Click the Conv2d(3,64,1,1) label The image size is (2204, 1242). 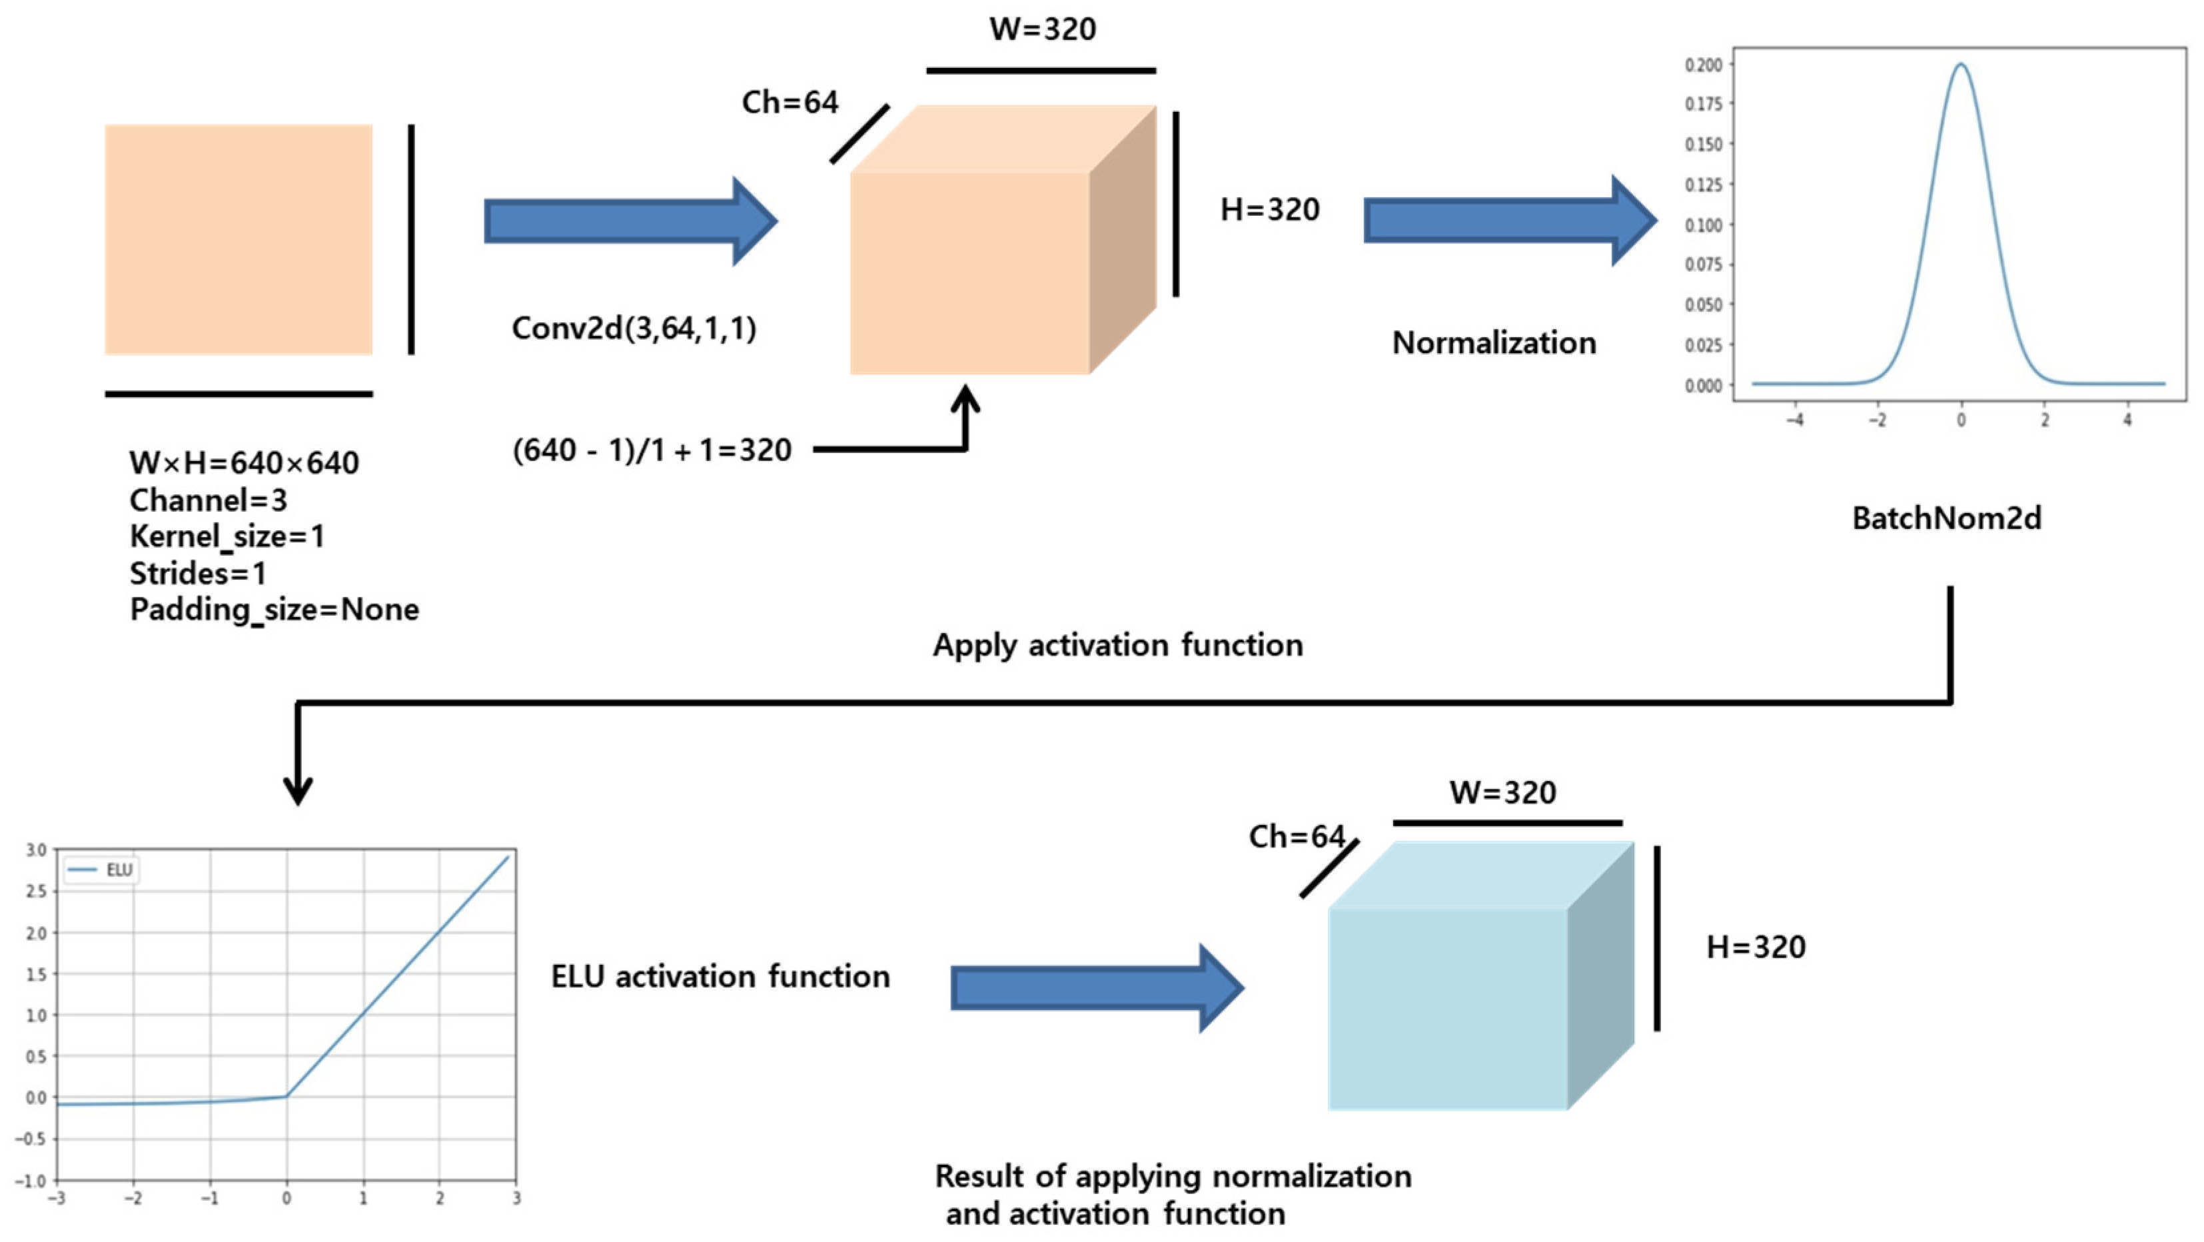tap(634, 328)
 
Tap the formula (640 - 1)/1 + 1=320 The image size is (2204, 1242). tap(652, 450)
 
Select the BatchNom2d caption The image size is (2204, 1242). tap(1946, 518)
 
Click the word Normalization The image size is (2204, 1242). tap(1494, 343)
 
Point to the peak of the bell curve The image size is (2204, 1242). tap(1960, 65)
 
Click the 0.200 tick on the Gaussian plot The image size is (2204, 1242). tap(1704, 65)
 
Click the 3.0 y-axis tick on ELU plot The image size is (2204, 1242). tap(36, 850)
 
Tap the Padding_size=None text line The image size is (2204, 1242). tap(274, 610)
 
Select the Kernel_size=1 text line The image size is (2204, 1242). tap(227, 536)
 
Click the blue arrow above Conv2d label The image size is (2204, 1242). tap(629, 221)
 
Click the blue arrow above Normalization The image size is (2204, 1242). tap(1508, 221)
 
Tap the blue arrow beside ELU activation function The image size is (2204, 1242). tap(1095, 988)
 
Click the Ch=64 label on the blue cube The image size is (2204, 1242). tap(1297, 837)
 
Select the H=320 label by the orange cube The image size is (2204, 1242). tap(1270, 210)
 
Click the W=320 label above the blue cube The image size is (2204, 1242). tap(1502, 792)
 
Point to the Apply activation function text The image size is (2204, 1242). tap(1117, 645)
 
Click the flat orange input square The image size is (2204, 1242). tap(238, 239)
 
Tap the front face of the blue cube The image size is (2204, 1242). tap(1448, 1009)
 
